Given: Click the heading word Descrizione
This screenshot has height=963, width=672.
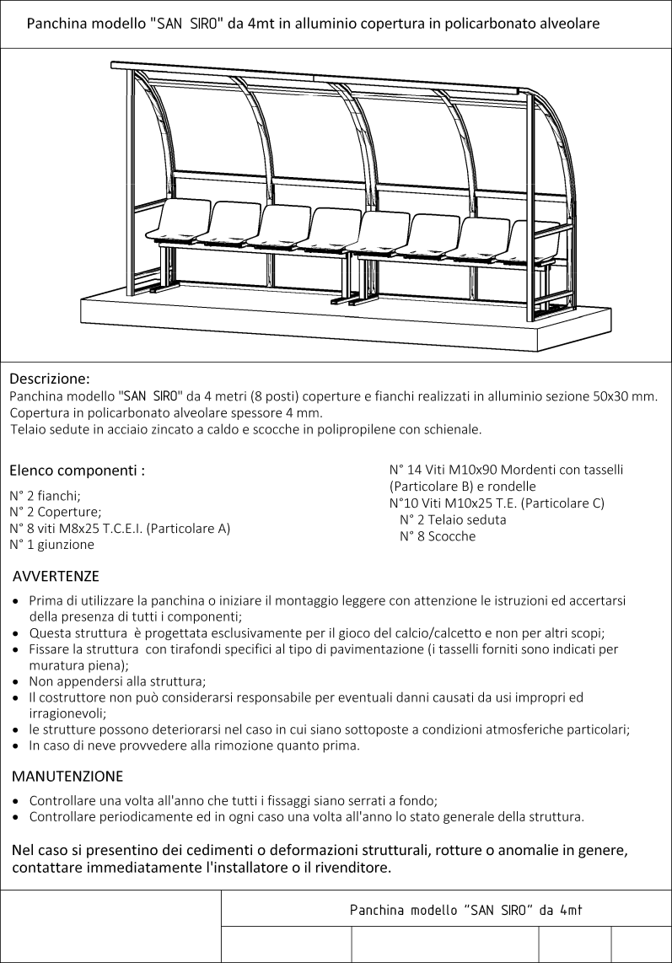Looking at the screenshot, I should coord(49,379).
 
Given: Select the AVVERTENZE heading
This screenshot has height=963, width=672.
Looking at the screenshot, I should coord(56,577).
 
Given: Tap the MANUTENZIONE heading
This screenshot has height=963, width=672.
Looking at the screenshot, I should coord(67,775).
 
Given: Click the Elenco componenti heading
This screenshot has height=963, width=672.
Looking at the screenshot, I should coord(77,471).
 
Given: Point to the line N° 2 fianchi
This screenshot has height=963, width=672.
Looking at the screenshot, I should coord(45,496).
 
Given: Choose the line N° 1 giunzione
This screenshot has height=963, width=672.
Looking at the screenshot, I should coord(51,544).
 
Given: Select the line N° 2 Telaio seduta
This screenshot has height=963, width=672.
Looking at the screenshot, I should coord(453,519).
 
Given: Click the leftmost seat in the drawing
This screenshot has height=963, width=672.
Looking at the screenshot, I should coord(179,221).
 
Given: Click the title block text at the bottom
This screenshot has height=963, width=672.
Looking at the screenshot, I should coord(467,911).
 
